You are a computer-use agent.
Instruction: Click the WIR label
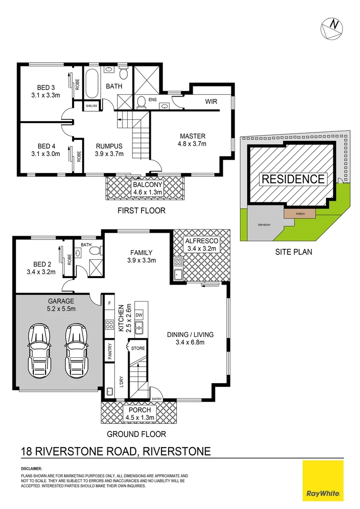211,101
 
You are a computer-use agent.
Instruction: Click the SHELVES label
91,106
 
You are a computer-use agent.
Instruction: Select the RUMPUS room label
109,146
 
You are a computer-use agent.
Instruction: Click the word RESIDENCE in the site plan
293,179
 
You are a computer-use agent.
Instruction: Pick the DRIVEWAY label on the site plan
264,225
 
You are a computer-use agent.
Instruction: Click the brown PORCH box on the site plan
300,213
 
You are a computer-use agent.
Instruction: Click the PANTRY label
109,352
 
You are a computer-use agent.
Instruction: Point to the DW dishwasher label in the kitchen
139,315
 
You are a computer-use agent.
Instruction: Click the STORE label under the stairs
139,348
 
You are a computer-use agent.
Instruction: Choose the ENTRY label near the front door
157,399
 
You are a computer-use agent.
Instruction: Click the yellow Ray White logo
323,481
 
